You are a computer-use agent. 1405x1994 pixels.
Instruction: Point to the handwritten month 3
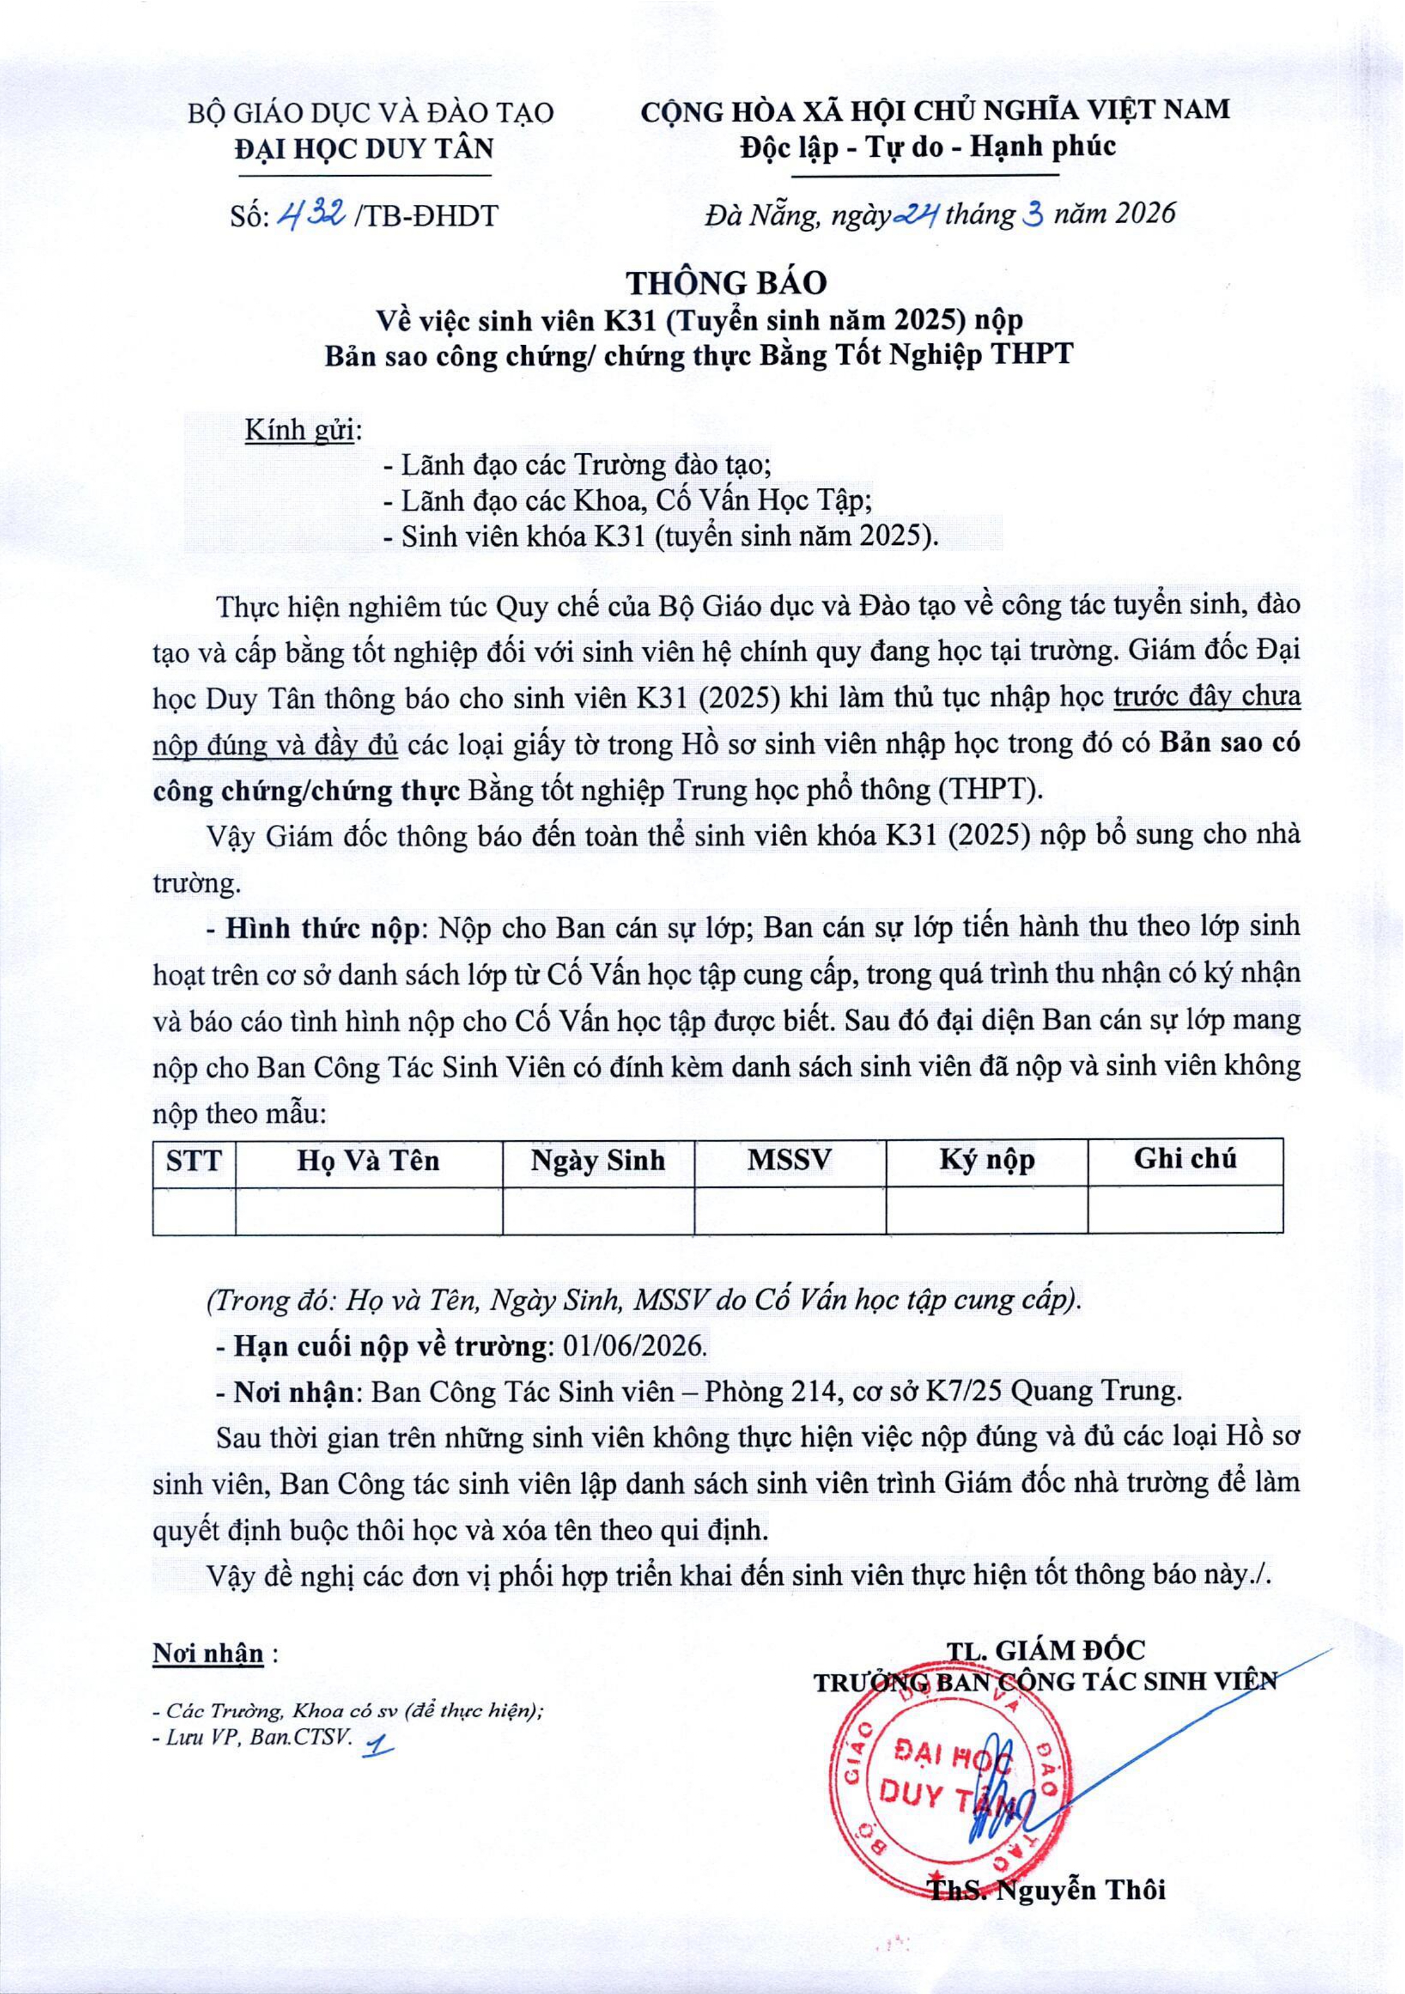tap(1034, 212)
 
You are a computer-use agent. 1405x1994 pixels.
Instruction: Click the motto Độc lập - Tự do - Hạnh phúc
tap(927, 146)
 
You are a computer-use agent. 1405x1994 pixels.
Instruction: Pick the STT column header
tap(193, 1162)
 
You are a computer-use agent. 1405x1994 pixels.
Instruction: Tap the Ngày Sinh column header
tap(597, 1162)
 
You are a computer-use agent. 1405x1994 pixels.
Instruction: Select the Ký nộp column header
tap(987, 1162)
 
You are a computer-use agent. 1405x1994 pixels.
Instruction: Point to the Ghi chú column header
tap(1185, 1160)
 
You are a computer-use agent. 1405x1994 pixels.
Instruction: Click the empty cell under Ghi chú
tap(1185, 1210)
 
